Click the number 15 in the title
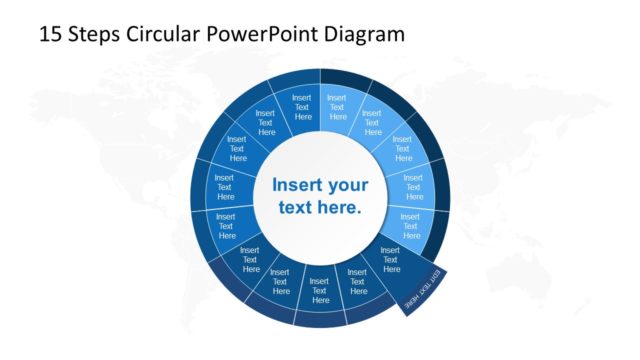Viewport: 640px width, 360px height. pos(50,34)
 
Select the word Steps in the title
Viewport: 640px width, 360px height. pos(94,34)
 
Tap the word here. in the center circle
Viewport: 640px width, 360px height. pos(340,209)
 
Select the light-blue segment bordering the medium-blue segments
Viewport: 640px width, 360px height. pos(337,108)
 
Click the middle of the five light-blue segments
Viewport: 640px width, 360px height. pos(403,151)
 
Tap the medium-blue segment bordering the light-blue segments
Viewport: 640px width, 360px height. pos(303,108)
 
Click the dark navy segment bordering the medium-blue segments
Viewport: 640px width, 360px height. pos(250,260)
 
